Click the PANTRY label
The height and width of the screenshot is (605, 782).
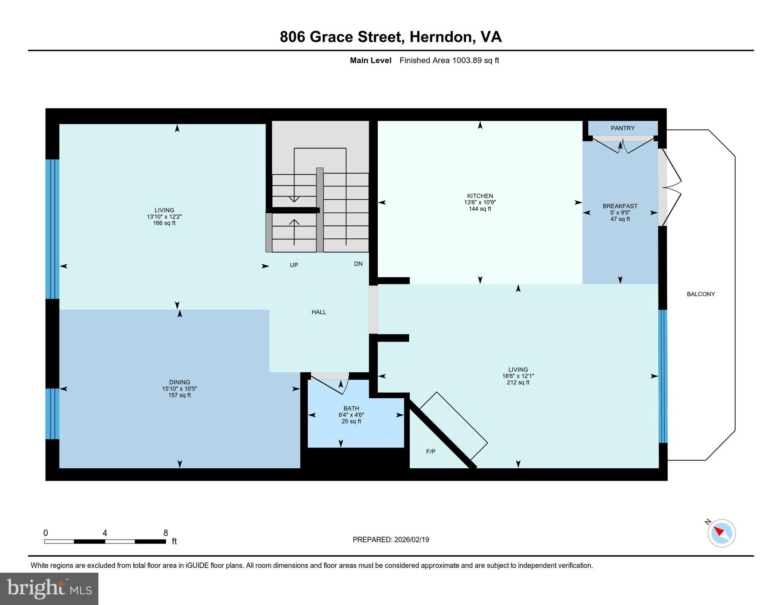(622, 128)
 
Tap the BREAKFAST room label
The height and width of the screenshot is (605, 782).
(619, 206)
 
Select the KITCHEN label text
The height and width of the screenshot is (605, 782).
(480, 196)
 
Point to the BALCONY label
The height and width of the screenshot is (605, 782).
(701, 294)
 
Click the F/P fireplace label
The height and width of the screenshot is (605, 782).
(431, 451)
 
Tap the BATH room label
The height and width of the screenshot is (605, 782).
(351, 408)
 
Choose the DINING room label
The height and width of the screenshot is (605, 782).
(179, 382)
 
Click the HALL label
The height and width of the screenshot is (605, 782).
(319, 312)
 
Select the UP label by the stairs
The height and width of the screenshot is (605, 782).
(294, 265)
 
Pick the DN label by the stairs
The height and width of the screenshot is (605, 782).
(358, 264)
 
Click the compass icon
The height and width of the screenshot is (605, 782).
(721, 533)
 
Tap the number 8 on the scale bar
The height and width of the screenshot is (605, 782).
(166, 533)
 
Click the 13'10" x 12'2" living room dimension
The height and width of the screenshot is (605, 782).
(164, 217)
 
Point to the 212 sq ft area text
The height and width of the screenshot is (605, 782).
(518, 382)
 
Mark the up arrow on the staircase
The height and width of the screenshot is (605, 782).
(294, 230)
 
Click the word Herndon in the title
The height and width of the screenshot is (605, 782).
(441, 37)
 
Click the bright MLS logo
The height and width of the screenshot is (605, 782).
(49, 588)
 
